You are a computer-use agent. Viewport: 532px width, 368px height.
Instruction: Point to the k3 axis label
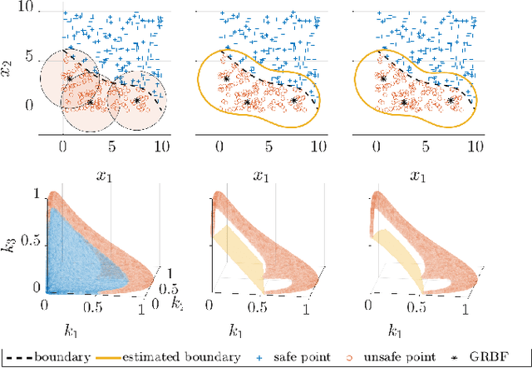(x=11, y=246)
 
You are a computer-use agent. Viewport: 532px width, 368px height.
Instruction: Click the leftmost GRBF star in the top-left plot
(x=70, y=79)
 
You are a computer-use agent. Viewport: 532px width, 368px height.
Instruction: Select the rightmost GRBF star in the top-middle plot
(x=293, y=100)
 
